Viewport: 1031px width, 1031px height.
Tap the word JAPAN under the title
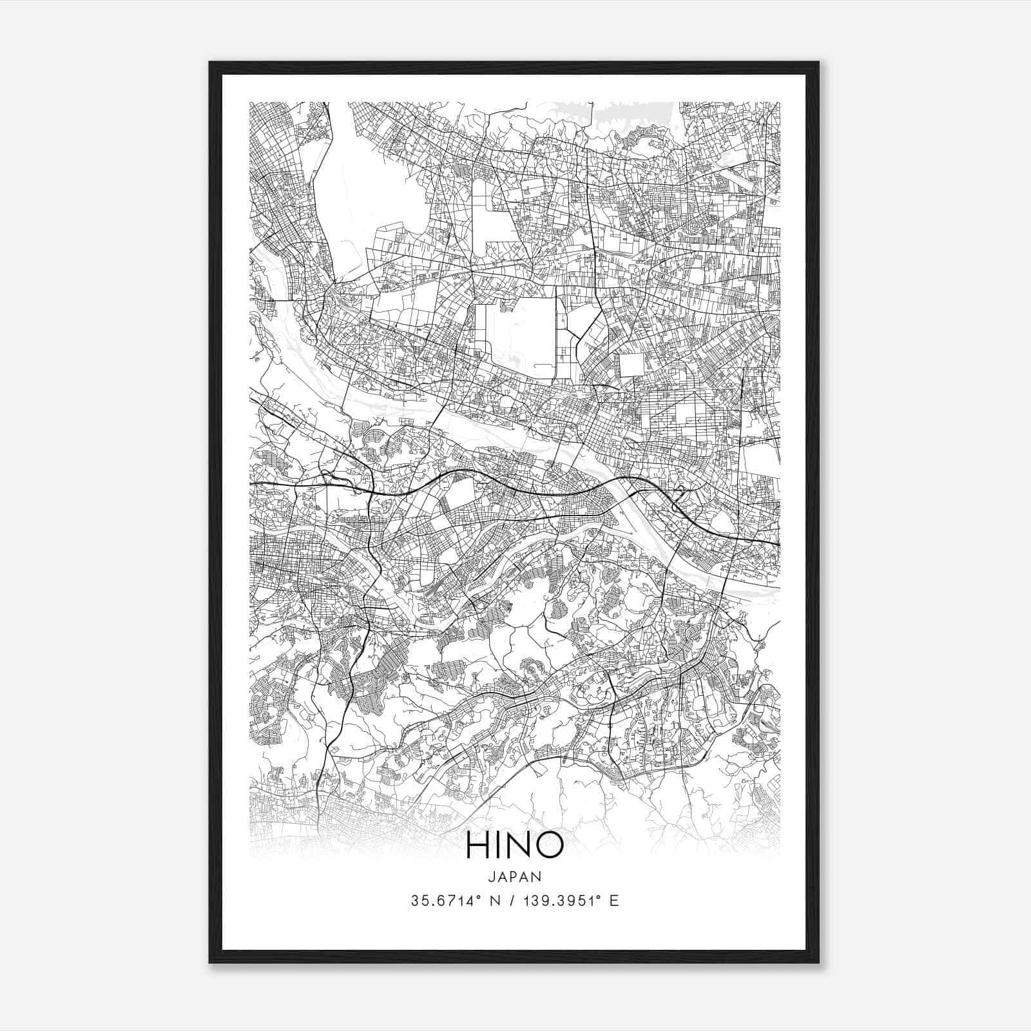tap(514, 877)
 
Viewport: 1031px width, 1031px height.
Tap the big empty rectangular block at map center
tap(515, 338)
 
